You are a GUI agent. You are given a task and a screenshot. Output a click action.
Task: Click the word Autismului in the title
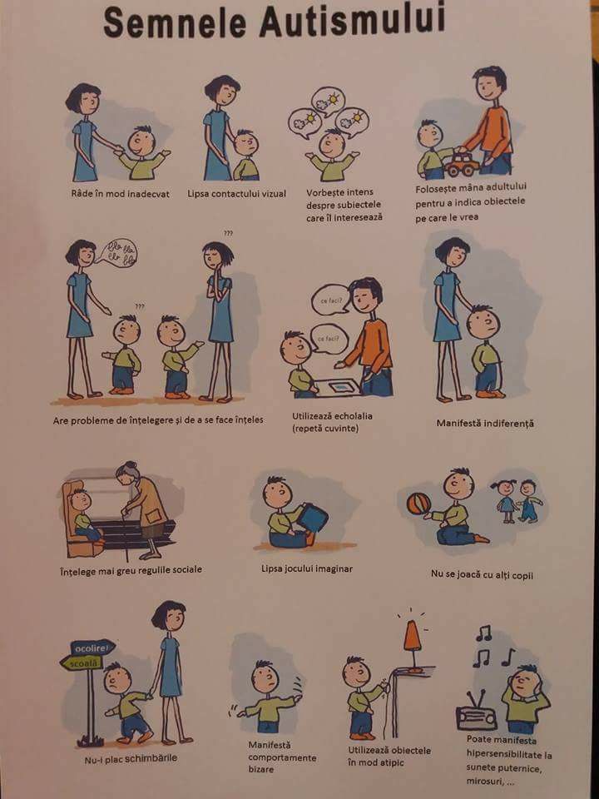pos(352,20)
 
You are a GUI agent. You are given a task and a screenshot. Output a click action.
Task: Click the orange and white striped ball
pos(418,504)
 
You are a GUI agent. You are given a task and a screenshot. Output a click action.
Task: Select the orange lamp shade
pos(412,638)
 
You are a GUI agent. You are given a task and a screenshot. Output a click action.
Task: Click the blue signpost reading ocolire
pos(92,648)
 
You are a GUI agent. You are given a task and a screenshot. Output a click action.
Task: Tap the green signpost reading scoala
pos(82,663)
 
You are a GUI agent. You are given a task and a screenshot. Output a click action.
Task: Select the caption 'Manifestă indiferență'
pos(485,423)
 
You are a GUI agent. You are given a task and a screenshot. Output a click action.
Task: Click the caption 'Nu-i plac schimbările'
pos(131,759)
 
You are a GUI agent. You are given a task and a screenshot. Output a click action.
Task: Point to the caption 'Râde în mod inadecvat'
pos(120,194)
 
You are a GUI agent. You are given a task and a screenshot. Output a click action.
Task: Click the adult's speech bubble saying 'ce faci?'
pos(330,300)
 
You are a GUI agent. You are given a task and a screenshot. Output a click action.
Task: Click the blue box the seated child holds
pos(312,518)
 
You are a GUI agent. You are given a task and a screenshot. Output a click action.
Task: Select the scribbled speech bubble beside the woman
pos(117,254)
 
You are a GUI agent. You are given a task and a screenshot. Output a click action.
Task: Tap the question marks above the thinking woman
pos(228,233)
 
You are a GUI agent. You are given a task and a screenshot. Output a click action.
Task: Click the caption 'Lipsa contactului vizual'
pos(237,194)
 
